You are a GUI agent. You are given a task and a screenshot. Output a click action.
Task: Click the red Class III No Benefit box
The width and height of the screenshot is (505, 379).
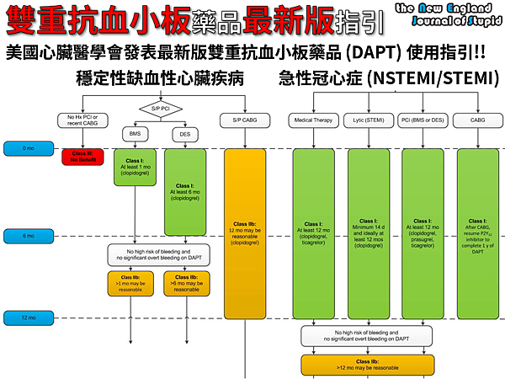tap(82, 157)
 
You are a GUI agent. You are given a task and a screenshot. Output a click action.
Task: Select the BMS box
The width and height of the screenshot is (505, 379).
tap(135, 134)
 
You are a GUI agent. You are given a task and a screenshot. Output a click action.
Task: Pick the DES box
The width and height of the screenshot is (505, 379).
tap(185, 134)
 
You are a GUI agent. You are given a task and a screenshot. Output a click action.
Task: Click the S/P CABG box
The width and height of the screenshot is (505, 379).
tap(244, 120)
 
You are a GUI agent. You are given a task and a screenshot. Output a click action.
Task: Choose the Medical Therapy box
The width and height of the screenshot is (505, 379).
tap(314, 120)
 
